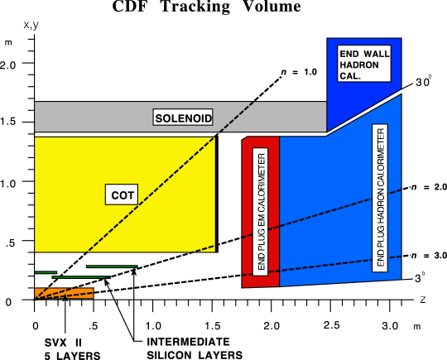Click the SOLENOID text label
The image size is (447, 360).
point(182,118)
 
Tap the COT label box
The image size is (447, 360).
point(122,195)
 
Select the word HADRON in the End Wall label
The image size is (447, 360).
point(358,65)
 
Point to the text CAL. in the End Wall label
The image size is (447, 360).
point(350,76)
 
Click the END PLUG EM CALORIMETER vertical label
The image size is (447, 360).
point(261,211)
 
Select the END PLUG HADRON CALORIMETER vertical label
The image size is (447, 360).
point(380,196)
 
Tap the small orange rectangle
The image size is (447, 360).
point(64,293)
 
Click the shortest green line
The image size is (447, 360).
point(46,272)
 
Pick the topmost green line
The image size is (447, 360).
point(112,266)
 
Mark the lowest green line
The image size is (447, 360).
point(79,277)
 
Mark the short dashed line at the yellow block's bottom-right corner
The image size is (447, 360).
point(204,247)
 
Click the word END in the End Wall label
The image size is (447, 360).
point(349,55)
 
